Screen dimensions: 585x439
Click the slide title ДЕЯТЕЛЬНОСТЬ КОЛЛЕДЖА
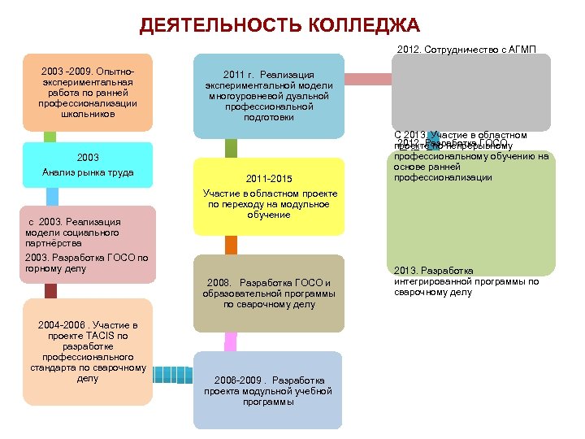(x=279, y=25)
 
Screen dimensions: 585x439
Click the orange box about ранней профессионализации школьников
(x=88, y=92)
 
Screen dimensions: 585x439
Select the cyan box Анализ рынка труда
(x=88, y=165)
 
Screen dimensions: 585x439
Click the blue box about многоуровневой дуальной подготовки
(x=269, y=95)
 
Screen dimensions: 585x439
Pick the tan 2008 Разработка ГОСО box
(x=269, y=293)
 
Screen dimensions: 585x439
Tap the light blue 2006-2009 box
(x=269, y=389)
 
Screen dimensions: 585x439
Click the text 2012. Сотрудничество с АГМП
(x=467, y=49)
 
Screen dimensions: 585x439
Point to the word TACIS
(x=98, y=335)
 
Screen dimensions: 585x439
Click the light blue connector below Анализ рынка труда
(x=53, y=196)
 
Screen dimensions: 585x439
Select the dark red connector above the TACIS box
(x=51, y=291)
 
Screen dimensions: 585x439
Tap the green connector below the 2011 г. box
(x=232, y=148)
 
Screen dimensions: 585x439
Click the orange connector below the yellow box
(x=231, y=246)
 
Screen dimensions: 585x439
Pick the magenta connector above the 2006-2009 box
(x=231, y=341)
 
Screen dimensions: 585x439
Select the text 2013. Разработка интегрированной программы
(x=466, y=281)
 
